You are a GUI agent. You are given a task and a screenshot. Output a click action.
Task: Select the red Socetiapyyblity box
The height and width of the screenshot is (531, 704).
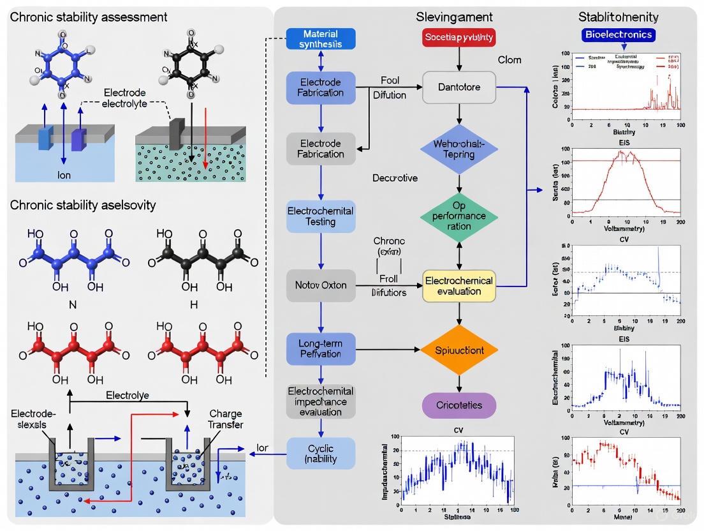pyautogui.click(x=459, y=38)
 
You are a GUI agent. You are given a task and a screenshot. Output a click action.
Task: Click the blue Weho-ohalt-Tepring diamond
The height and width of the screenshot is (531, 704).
pyautogui.click(x=459, y=149)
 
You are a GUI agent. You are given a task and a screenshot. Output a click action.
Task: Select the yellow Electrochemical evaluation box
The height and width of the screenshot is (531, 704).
pyautogui.click(x=459, y=285)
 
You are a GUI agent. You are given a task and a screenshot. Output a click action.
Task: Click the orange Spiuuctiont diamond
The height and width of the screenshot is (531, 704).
pyautogui.click(x=459, y=350)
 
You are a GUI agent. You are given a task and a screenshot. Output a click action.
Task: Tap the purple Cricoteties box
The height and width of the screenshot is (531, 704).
pyautogui.click(x=459, y=405)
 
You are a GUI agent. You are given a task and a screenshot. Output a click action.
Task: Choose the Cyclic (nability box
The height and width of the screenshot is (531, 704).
pyautogui.click(x=320, y=452)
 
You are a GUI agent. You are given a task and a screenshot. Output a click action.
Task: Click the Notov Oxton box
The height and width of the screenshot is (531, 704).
pyautogui.click(x=321, y=285)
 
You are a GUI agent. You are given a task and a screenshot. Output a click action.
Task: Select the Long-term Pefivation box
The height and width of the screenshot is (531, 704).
pyautogui.click(x=320, y=348)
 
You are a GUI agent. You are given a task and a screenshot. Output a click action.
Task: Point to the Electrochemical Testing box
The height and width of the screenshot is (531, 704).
pyautogui.click(x=320, y=216)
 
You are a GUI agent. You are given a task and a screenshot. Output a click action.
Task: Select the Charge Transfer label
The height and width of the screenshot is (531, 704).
pyautogui.click(x=225, y=419)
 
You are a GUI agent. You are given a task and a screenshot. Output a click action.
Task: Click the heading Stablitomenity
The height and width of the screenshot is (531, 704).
pyautogui.click(x=619, y=17)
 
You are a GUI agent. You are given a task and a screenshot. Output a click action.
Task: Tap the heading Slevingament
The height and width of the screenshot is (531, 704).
pyautogui.click(x=454, y=17)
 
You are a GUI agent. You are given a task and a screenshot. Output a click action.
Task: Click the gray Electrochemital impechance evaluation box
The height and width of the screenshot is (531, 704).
pyautogui.click(x=320, y=401)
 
